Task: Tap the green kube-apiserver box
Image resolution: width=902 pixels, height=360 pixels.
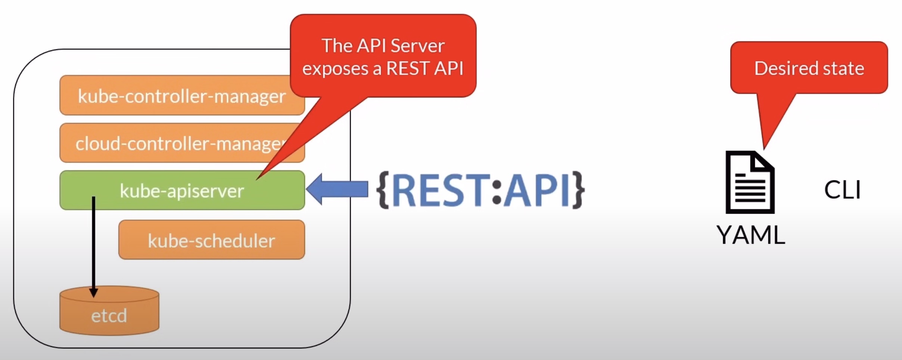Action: (x=181, y=190)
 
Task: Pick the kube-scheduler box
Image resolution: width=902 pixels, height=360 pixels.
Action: (x=211, y=240)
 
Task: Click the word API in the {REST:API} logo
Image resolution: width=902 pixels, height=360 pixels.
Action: (x=536, y=190)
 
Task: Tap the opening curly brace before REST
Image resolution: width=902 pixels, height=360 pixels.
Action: (x=384, y=190)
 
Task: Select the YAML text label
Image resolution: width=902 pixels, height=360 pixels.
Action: (x=750, y=235)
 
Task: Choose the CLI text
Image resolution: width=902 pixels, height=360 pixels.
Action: (x=842, y=190)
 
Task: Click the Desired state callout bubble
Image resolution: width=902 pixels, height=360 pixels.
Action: (x=809, y=68)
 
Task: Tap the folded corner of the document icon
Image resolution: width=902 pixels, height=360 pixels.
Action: (x=764, y=161)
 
